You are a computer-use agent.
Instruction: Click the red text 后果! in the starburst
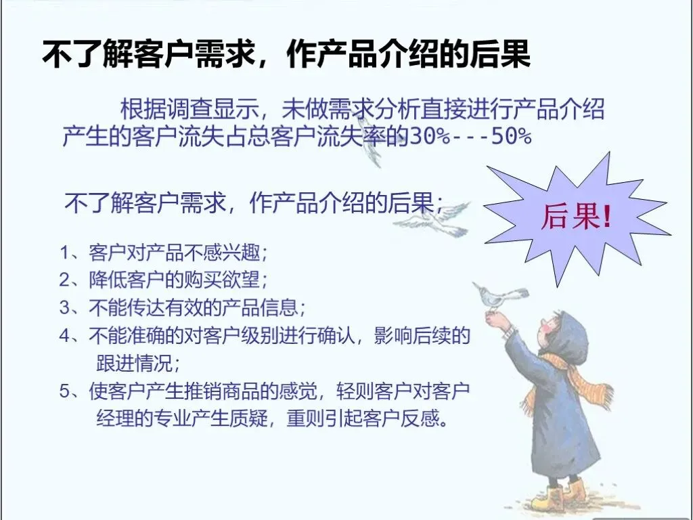tap(577, 217)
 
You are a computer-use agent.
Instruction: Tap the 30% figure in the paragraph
tap(430, 136)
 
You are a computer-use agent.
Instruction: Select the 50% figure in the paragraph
tap(512, 136)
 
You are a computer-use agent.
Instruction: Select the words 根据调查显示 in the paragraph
tap(190, 109)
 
